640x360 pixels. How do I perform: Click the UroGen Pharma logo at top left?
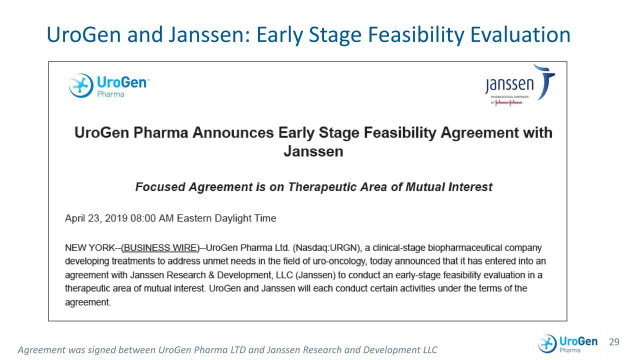click(x=108, y=85)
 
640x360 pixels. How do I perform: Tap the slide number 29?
click(x=614, y=342)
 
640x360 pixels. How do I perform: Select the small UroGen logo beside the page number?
click(x=567, y=344)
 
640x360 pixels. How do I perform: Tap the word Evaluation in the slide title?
click(x=520, y=34)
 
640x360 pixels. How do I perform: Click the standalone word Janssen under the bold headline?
click(x=313, y=151)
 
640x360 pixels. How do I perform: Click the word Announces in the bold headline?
click(x=233, y=133)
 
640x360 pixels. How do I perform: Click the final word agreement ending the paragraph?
click(x=87, y=302)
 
